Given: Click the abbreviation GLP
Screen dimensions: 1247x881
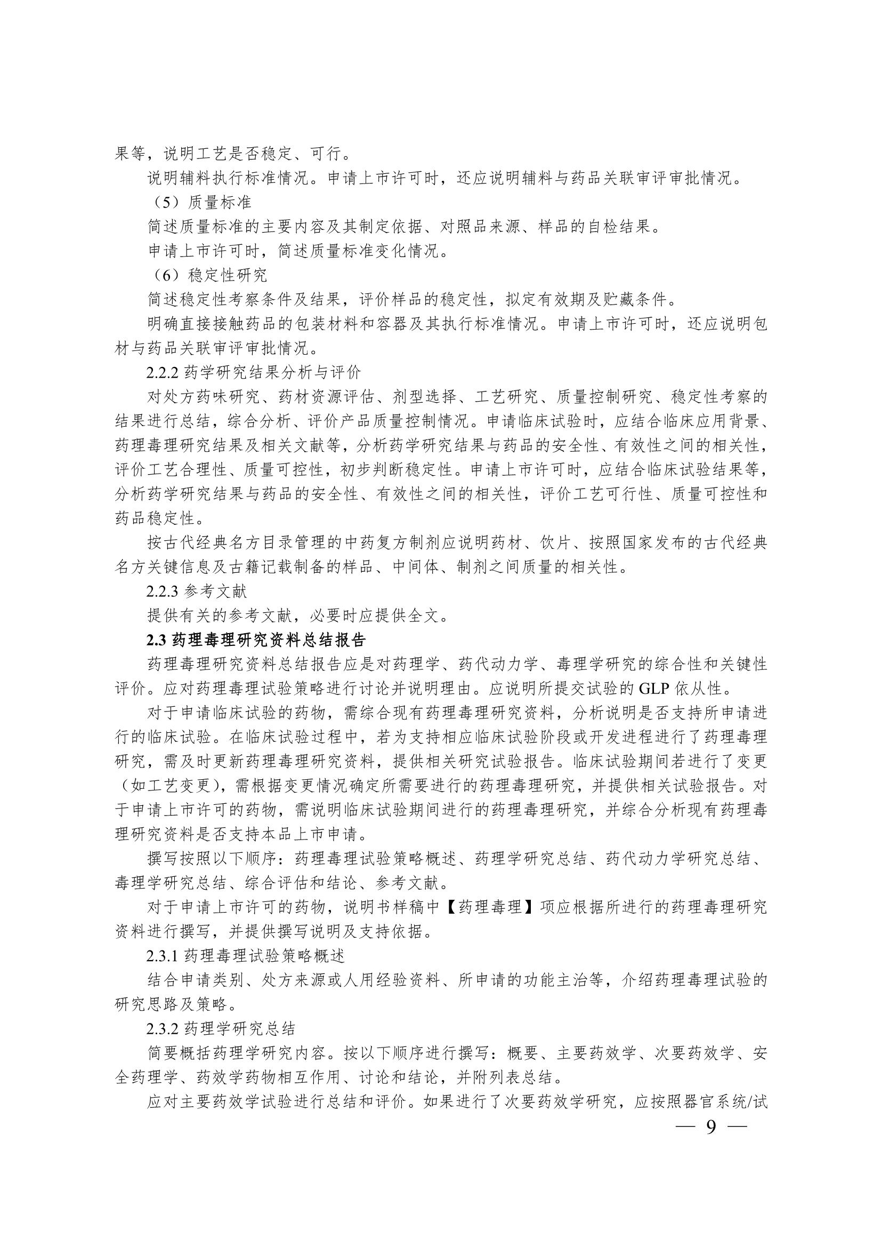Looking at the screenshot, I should (654, 689).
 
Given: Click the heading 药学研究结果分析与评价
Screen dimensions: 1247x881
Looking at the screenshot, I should (272, 373).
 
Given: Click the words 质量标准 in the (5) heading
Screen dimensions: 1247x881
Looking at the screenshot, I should (220, 203).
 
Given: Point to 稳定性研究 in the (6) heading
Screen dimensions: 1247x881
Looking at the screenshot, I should (228, 275).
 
